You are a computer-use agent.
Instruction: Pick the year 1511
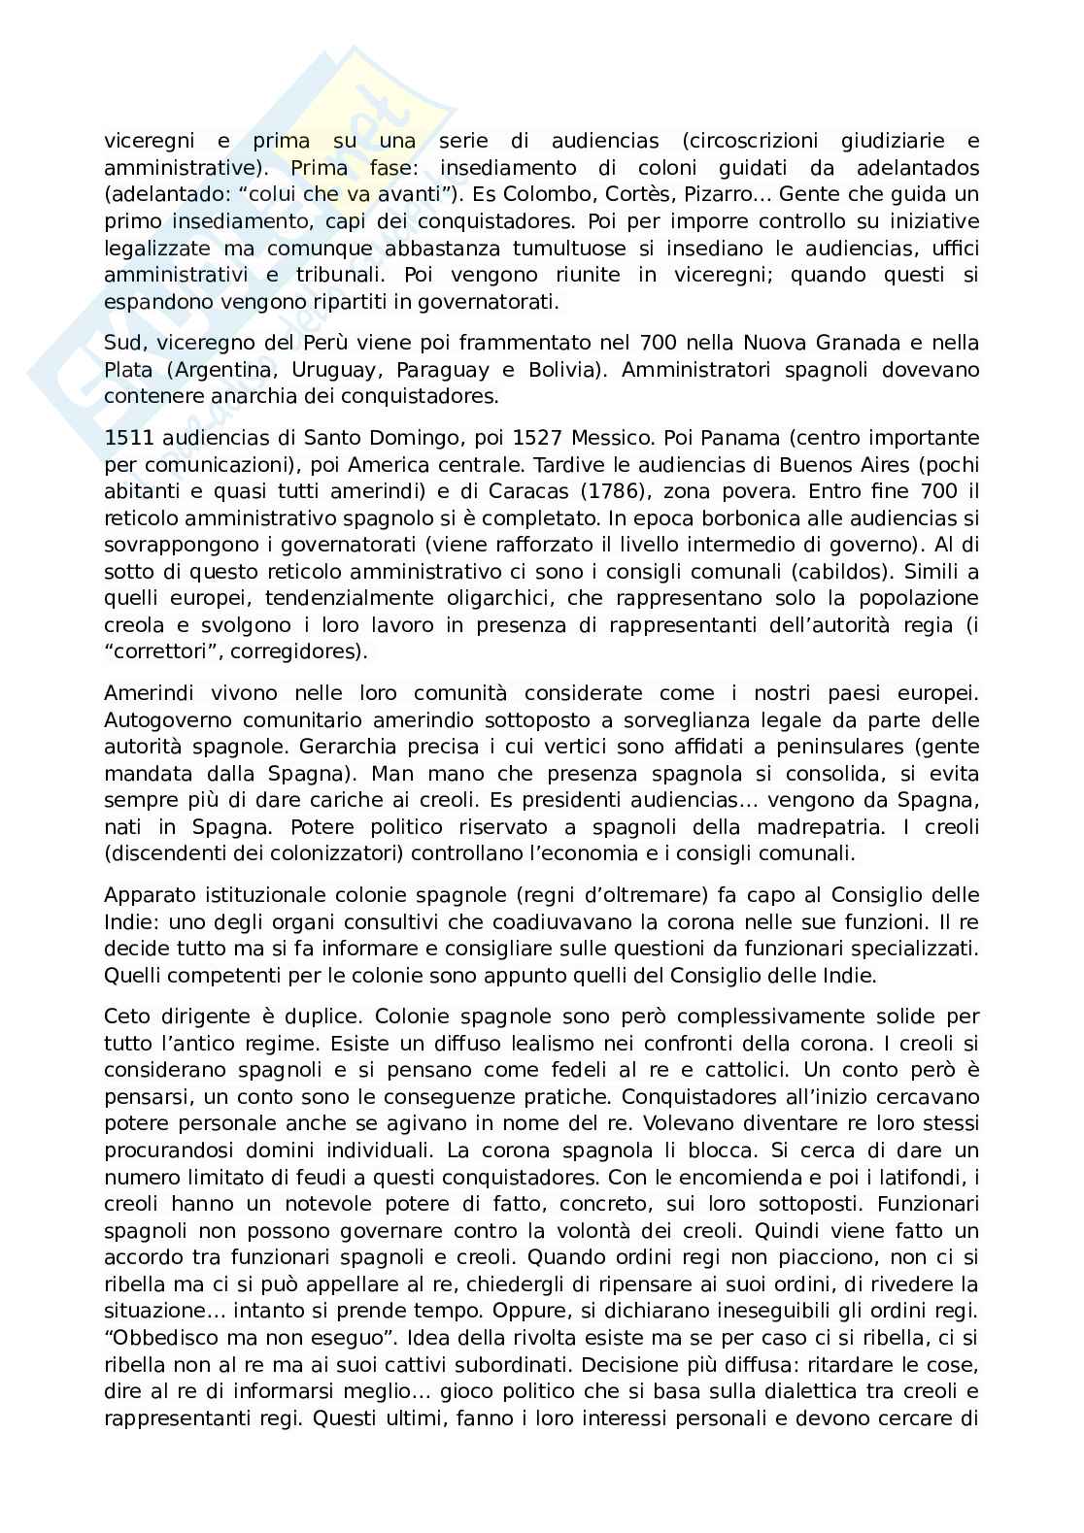[128, 437]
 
